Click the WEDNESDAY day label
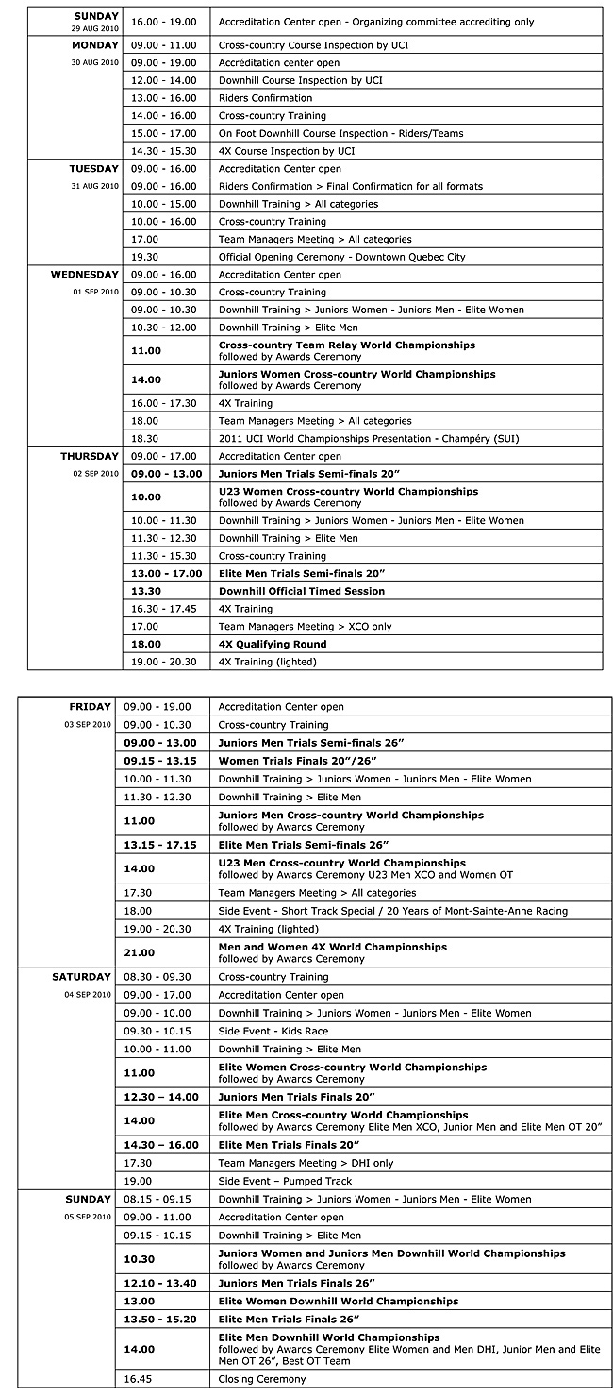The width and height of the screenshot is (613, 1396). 84,275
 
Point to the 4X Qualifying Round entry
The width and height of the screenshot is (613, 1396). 273,644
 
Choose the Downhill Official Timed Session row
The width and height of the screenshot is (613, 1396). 302,591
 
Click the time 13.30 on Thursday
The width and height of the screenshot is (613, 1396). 146,591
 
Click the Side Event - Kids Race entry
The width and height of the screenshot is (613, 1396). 273,1031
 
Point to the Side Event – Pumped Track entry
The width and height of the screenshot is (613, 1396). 285,1181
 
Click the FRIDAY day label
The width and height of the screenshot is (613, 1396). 91,707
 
